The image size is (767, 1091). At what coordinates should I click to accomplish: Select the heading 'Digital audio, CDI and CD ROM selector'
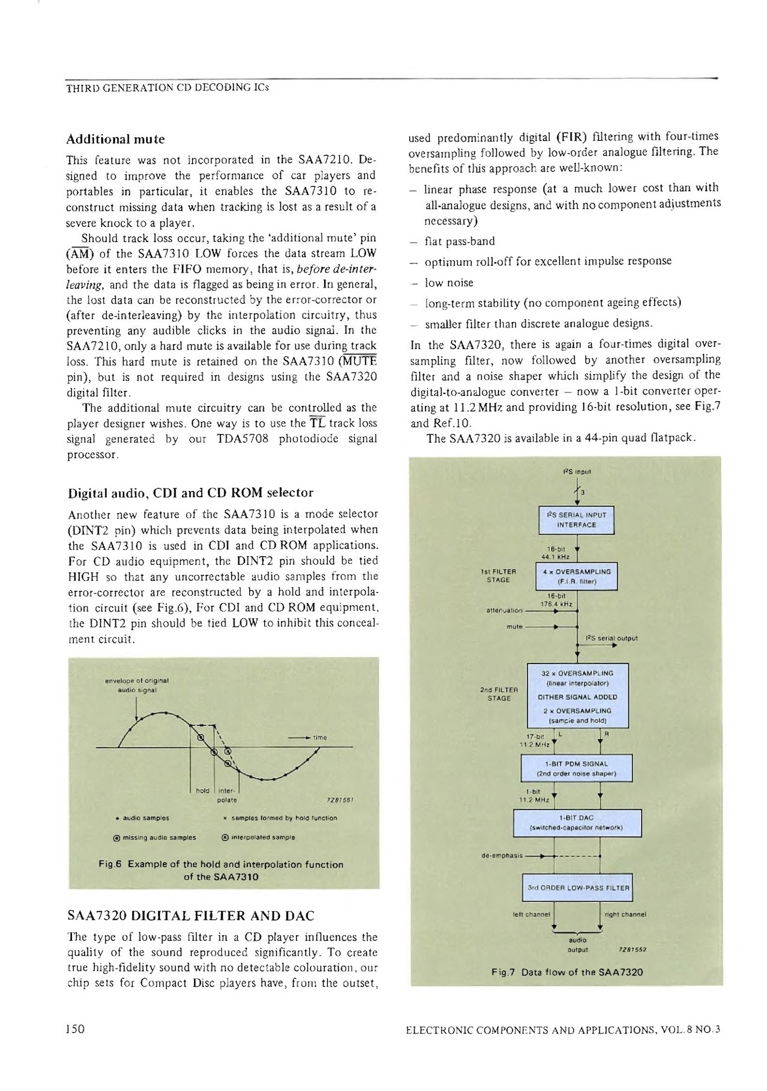click(x=190, y=493)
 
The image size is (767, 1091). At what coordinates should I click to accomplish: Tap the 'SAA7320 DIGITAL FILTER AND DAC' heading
click(x=191, y=916)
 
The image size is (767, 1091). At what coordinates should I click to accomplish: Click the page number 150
click(x=76, y=1029)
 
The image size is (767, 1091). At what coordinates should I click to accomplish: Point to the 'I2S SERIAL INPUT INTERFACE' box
click(x=576, y=520)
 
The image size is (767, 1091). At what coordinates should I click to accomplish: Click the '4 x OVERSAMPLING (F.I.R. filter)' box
click(x=576, y=576)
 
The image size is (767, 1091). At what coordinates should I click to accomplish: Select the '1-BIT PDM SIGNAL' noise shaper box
click(x=576, y=768)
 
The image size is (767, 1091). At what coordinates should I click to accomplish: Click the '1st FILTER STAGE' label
click(x=498, y=575)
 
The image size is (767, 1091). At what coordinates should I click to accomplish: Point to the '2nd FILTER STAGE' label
click(x=499, y=693)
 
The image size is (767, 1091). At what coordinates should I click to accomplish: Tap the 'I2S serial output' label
click(x=611, y=638)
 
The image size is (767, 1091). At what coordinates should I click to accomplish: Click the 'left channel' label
click(x=528, y=914)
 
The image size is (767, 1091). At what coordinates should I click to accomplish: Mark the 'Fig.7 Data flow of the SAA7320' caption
click(x=566, y=971)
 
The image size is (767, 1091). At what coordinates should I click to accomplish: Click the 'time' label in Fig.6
click(x=320, y=738)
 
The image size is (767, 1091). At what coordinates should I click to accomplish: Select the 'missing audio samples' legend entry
click(x=156, y=837)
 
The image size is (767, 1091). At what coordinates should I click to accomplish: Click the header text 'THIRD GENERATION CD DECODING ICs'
click(x=167, y=88)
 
